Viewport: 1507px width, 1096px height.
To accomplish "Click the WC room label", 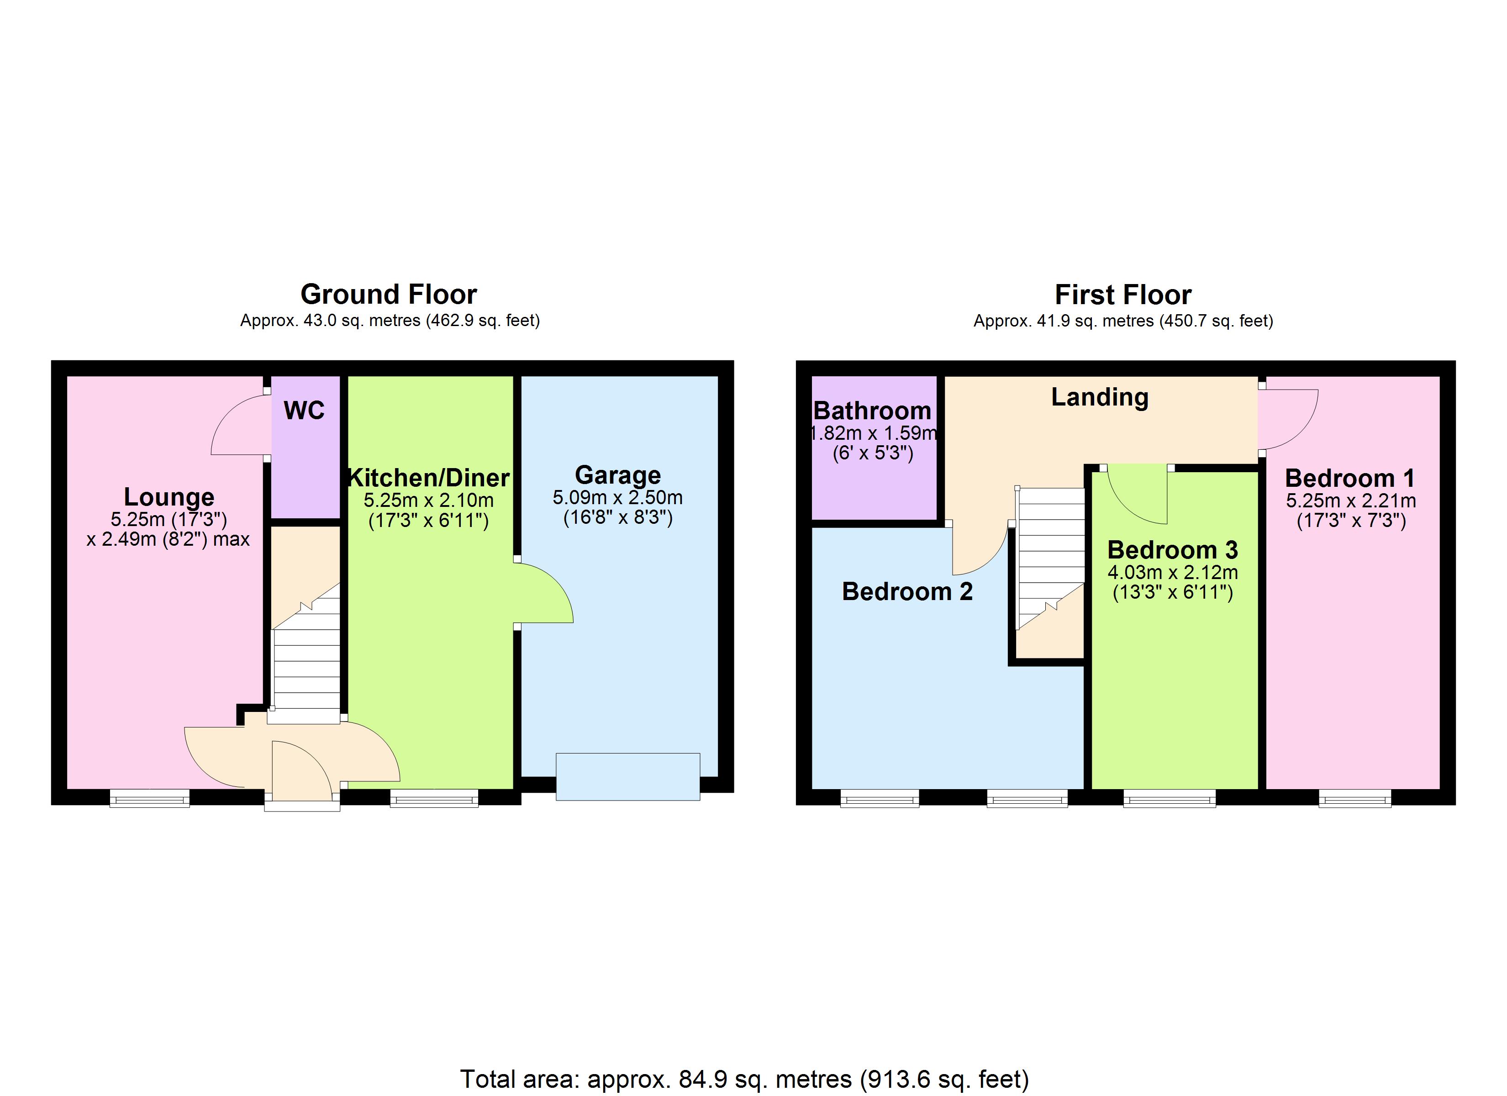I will [x=304, y=411].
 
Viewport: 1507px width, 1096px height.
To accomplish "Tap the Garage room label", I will [x=617, y=475].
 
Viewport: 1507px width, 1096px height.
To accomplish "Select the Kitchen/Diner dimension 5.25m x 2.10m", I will [x=428, y=501].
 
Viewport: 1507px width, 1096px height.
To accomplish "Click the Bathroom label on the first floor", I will [x=872, y=411].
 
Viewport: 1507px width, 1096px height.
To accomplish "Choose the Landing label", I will [x=1099, y=397].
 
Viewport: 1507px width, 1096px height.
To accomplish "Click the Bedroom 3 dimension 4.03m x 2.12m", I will [x=1172, y=572].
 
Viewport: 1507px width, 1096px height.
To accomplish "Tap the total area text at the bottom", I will [x=744, y=1079].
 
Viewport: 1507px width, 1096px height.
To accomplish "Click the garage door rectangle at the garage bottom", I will [x=627, y=776].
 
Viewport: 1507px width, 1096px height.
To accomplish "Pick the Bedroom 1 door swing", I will [x=1286, y=419].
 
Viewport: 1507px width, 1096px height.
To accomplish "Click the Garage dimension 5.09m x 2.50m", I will [x=617, y=498].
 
